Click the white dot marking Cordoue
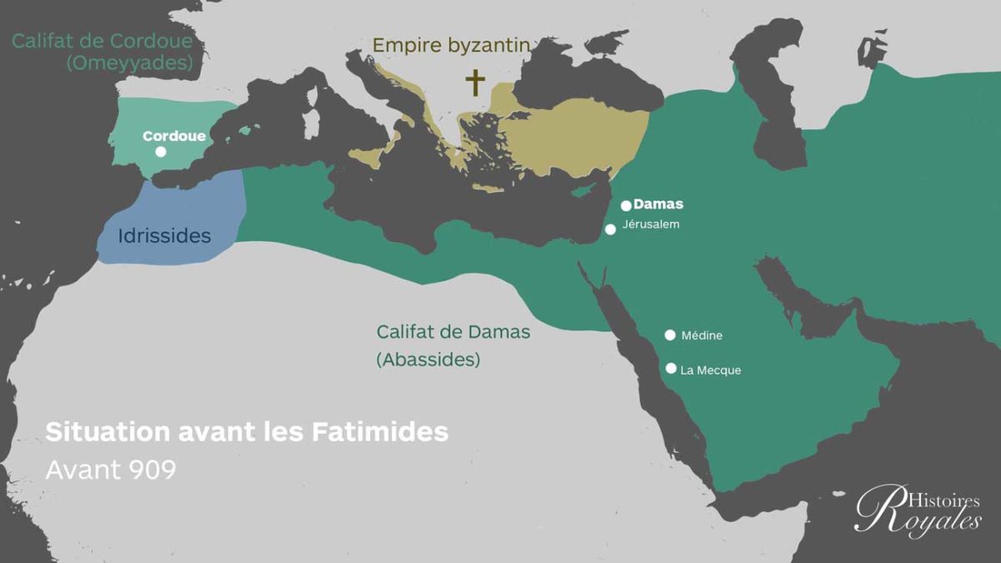pos(160,152)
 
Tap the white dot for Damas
pos(626,205)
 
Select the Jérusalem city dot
pos(611,229)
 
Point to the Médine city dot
pos(670,335)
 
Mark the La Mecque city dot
pos(671,368)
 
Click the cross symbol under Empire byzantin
pos(475,83)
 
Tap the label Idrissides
pos(164,236)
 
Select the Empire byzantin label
pos(450,45)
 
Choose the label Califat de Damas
pos(453,331)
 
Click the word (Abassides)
pos(428,360)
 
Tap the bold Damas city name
pos(658,204)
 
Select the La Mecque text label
pos(711,370)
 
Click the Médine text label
pos(702,336)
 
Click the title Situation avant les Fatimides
pos(247,432)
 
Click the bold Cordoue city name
pos(174,135)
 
